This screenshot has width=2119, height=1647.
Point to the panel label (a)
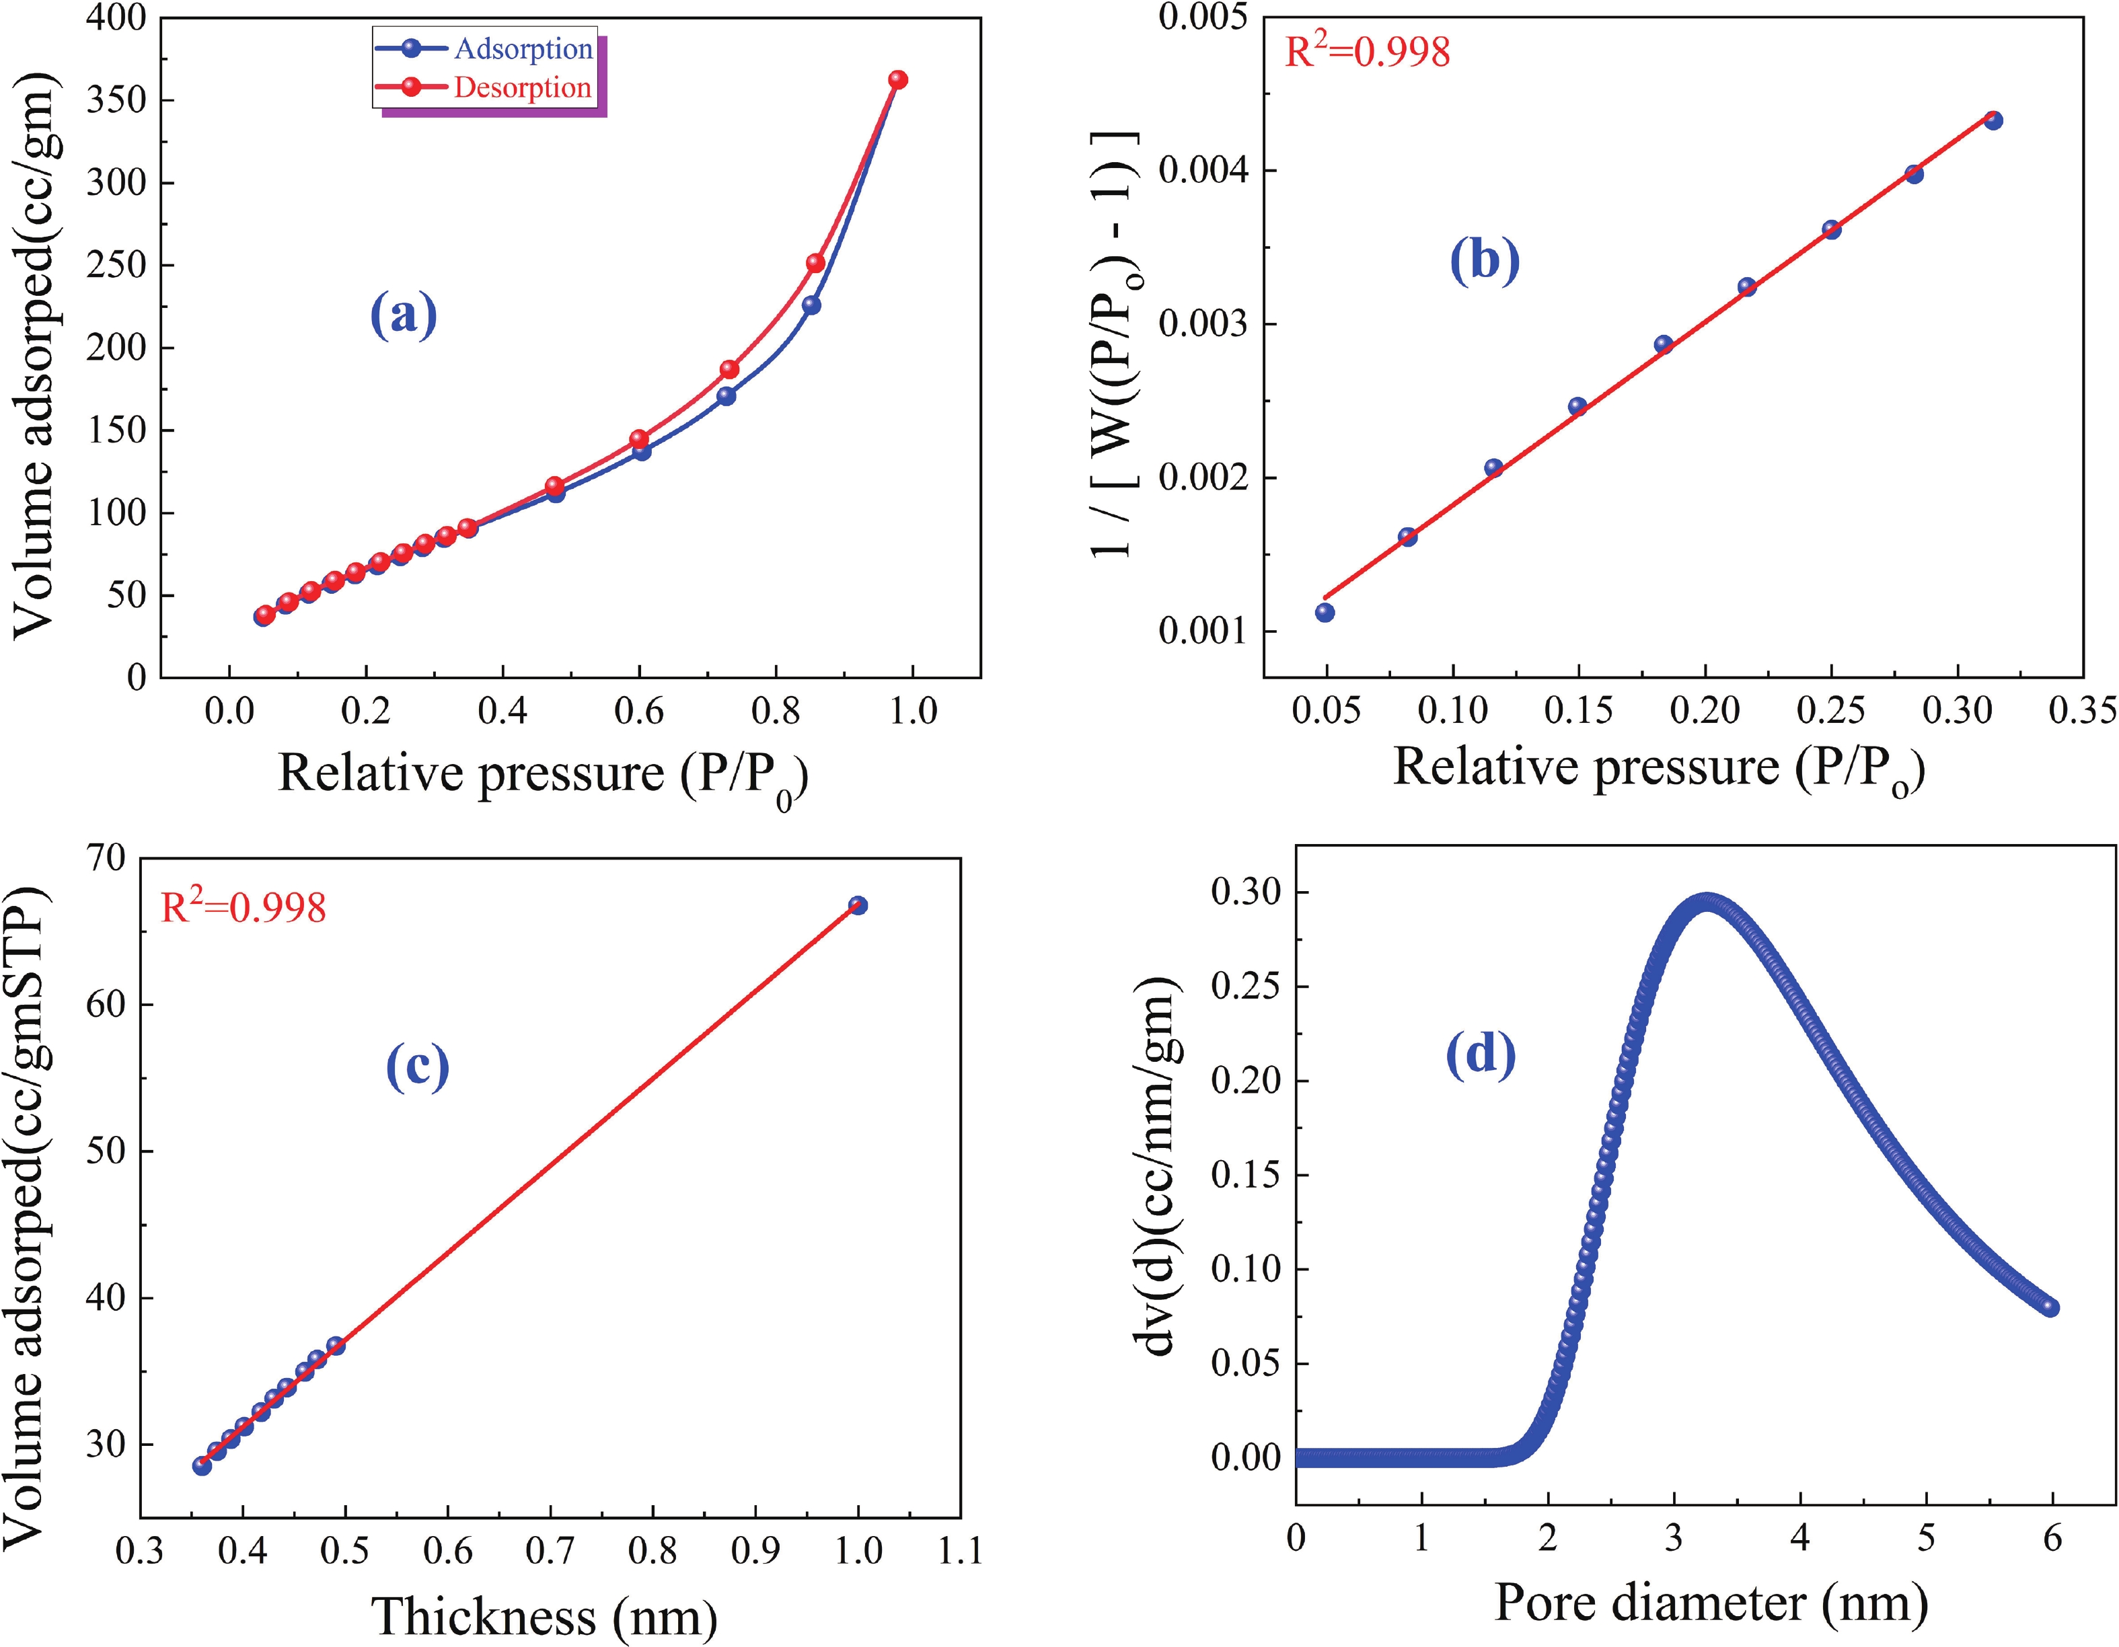(x=404, y=315)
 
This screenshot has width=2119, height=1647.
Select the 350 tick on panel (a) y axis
(x=116, y=100)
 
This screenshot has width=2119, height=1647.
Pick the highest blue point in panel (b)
(x=1993, y=120)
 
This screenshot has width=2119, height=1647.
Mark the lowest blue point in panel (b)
(x=1325, y=612)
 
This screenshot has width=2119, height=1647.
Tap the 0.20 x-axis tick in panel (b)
(x=1705, y=711)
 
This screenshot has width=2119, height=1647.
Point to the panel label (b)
(x=1485, y=260)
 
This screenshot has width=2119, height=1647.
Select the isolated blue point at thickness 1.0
(x=858, y=905)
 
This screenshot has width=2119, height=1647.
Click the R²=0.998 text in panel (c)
(x=244, y=908)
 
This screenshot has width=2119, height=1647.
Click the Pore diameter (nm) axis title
(x=1711, y=1603)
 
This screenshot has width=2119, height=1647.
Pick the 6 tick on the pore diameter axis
(x=2052, y=1538)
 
